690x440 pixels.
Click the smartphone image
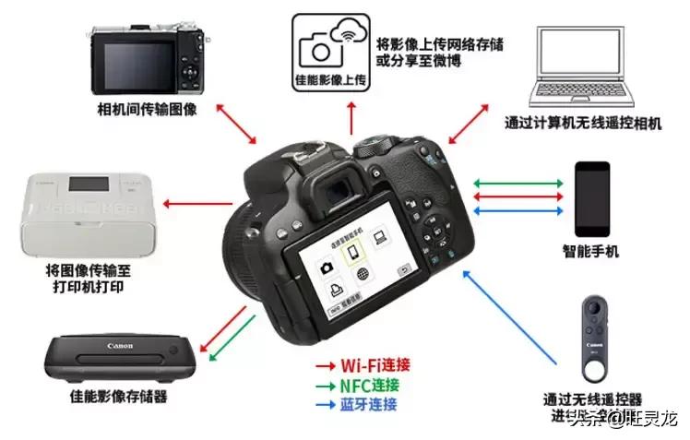click(592, 197)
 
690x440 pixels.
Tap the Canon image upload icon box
click(329, 51)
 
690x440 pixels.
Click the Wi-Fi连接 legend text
click(367, 365)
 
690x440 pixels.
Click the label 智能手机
click(591, 251)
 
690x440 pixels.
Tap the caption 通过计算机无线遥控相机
click(582, 124)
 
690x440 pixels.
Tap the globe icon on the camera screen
click(362, 273)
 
